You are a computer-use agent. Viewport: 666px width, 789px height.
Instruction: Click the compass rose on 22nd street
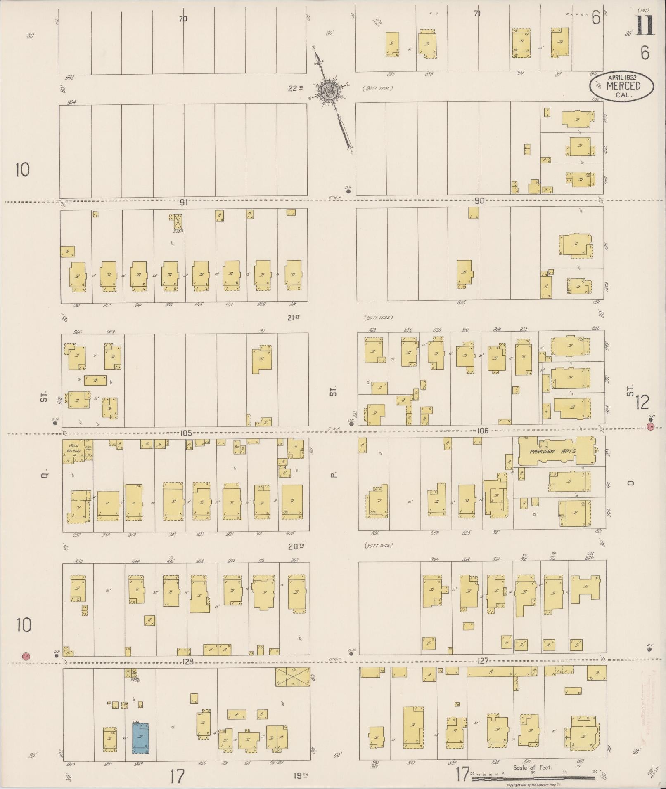tap(329, 90)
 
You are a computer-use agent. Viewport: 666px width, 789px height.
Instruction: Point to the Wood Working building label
tap(73, 448)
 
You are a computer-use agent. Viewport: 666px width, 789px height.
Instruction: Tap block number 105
tap(186, 433)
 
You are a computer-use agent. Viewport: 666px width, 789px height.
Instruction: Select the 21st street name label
tap(293, 317)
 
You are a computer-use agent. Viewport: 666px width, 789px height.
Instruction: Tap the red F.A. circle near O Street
tap(651, 427)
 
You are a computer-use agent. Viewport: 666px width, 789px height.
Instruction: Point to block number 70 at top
tap(183, 19)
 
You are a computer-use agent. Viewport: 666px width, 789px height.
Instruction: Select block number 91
tap(184, 203)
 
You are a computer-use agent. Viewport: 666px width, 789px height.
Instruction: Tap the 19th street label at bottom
tap(301, 775)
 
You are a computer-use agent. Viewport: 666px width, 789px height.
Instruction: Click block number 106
tap(482, 431)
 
